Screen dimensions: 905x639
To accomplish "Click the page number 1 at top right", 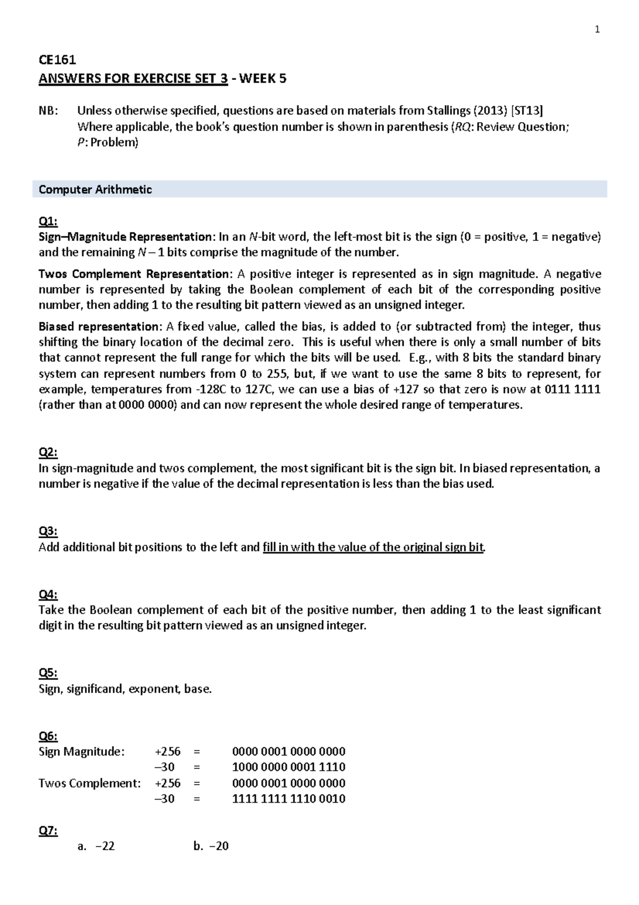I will pos(597,30).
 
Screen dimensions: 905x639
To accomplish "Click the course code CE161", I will pos(57,60).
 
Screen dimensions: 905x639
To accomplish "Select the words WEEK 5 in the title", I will pos(263,78).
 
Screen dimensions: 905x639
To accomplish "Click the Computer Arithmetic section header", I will pos(95,190).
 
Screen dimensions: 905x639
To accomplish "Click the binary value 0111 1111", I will pos(572,389).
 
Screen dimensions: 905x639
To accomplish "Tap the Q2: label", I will pos(48,452).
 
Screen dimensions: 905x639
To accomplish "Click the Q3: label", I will pos(48,531).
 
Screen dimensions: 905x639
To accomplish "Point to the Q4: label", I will pos(48,594).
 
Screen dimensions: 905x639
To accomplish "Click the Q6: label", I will pos(48,736).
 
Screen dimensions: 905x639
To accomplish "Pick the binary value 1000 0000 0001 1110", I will pos(289,767).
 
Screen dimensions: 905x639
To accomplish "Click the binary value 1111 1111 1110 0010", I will pos(289,799).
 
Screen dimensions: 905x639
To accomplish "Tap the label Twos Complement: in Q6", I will pos(89,783).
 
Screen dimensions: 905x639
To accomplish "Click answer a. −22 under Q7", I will pos(96,846).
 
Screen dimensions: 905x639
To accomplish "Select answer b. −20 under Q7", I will pos(211,846).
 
